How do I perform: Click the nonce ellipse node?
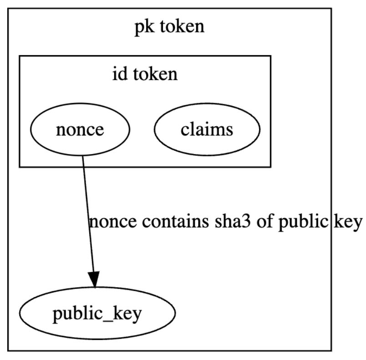tap(80, 129)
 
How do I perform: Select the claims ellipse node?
tap(207, 129)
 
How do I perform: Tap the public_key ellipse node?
tap(97, 313)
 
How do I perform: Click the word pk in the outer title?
tap(144, 27)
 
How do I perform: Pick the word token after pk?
tap(182, 26)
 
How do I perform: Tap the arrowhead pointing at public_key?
tap(94, 279)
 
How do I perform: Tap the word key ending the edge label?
tap(348, 222)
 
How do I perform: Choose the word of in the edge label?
tap(264, 221)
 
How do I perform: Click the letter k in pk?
tap(149, 26)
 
